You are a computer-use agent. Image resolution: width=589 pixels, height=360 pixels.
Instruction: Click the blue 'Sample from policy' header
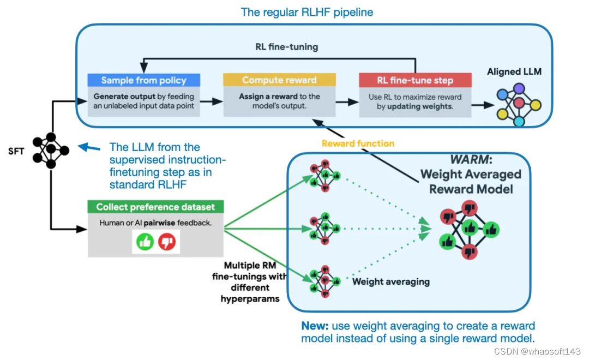pos(143,80)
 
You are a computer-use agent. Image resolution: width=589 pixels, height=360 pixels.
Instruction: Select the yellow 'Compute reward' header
pos(279,80)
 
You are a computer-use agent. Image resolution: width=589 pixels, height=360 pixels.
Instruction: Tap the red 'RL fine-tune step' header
pos(415,80)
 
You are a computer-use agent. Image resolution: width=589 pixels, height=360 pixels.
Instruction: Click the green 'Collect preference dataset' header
pos(155,207)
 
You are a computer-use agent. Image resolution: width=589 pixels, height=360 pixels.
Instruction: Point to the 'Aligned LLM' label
pos(514,72)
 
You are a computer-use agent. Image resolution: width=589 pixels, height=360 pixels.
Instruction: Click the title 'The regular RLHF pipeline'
pos(307,12)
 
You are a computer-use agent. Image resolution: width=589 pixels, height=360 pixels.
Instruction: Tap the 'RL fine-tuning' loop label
pos(287,47)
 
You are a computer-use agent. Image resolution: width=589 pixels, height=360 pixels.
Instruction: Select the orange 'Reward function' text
pos(358,143)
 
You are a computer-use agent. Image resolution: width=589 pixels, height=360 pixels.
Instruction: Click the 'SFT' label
pos(16,152)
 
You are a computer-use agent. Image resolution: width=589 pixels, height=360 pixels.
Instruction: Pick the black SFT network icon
pos(51,151)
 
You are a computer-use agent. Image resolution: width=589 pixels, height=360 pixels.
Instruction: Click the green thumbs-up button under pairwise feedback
pos(145,242)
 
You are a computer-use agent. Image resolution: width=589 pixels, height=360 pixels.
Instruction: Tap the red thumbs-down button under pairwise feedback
pos(167,242)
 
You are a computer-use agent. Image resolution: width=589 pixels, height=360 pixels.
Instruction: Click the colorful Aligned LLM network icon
pos(519,105)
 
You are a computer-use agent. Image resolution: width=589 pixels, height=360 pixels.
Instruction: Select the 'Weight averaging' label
pos(391,281)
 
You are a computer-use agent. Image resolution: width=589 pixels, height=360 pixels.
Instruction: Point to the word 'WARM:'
pos(471,159)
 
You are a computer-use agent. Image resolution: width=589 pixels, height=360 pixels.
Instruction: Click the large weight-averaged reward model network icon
pos(470,230)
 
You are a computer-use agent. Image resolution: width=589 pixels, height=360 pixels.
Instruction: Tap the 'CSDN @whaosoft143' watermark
pos(537,351)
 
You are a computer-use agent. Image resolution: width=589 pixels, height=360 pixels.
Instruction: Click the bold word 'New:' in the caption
pos(315,326)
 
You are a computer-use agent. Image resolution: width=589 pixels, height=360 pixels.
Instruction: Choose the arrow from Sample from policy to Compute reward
pos(212,101)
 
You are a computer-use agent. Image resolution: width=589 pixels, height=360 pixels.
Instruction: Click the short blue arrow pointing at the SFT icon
pos(89,147)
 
